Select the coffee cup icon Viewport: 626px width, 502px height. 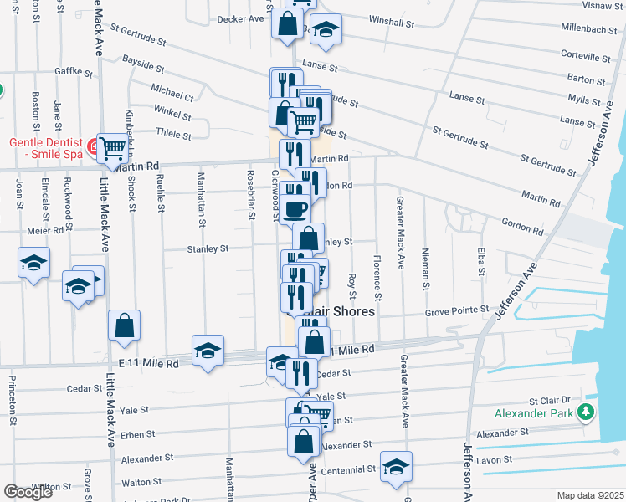[x=295, y=208]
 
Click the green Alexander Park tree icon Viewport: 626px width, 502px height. [x=587, y=412]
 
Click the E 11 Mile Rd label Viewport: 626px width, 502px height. [x=148, y=364]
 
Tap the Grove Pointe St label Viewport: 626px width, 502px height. [x=457, y=310]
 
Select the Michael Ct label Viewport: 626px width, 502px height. [x=172, y=93]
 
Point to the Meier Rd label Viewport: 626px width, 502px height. [x=45, y=230]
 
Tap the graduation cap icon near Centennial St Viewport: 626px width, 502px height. [x=396, y=469]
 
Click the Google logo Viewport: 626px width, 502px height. [x=28, y=492]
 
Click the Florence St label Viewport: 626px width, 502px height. [x=377, y=279]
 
